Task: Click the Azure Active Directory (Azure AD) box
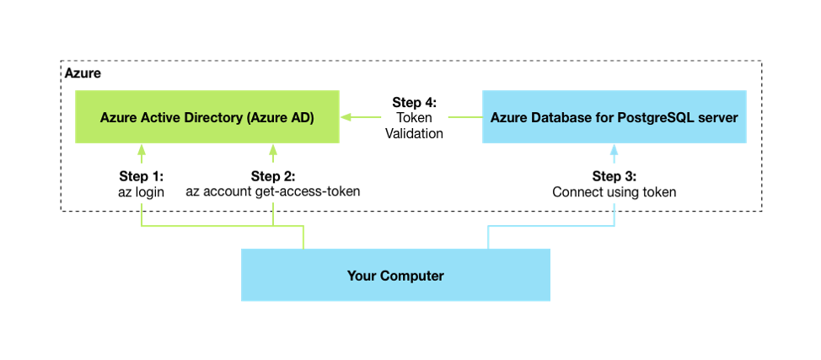click(207, 117)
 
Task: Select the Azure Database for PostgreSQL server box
click(615, 117)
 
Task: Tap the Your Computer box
click(395, 275)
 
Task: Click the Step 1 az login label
click(142, 184)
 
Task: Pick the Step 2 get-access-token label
click(272, 184)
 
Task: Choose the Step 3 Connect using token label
click(614, 184)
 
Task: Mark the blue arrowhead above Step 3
click(614, 151)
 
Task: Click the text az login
click(142, 191)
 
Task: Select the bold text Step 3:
click(614, 176)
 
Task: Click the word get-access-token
click(307, 191)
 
